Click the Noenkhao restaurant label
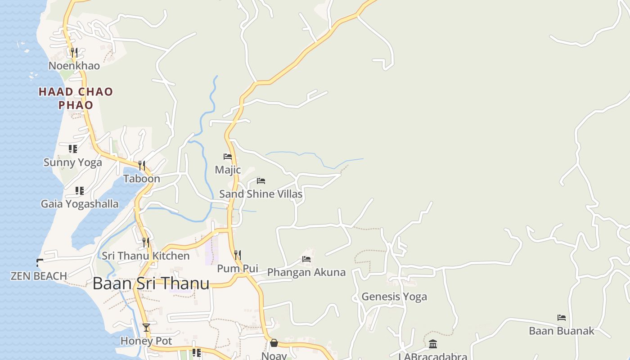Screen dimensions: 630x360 pos(74,66)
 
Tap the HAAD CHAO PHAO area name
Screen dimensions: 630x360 pos(76,98)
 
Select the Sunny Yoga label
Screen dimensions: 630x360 pos(72,162)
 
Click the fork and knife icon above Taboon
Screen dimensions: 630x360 pos(142,165)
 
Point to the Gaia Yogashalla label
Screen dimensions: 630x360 pos(80,204)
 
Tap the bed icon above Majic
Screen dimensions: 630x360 pos(228,157)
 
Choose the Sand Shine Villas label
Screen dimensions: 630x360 pos(261,194)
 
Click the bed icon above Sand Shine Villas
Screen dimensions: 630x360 pos(261,181)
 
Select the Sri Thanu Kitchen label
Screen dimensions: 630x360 pos(145,256)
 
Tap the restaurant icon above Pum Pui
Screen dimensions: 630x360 pos(238,255)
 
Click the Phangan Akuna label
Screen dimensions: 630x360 pos(306,272)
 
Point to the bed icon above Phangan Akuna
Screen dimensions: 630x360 pos(306,259)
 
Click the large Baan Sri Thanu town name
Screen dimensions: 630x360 pos(151,283)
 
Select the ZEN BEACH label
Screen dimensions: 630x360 pos(39,276)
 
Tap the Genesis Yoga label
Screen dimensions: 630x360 pos(394,297)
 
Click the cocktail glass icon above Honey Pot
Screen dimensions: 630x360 pos(146,327)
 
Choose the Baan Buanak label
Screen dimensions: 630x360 pos(561,331)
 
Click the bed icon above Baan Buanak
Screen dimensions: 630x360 pos(562,317)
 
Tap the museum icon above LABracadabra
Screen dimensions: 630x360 pos(433,344)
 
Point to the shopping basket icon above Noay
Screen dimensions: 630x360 pos(274,343)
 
